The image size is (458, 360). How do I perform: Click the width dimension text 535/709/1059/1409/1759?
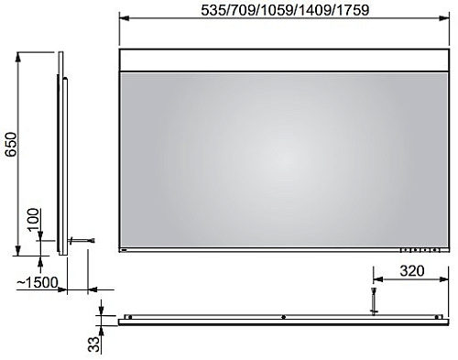(x=285, y=10)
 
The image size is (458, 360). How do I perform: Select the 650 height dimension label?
(x=11, y=144)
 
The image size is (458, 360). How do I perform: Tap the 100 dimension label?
(x=33, y=220)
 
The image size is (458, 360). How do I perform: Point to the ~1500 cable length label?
(x=37, y=283)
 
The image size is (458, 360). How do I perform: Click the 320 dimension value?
(x=412, y=271)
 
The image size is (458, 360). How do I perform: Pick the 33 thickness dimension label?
(x=94, y=344)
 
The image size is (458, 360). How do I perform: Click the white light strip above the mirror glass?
(x=284, y=60)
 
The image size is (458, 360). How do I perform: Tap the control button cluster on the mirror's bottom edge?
(x=420, y=250)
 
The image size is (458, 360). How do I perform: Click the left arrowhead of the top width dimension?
(x=125, y=18)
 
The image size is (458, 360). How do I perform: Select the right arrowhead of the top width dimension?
(x=443, y=18)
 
